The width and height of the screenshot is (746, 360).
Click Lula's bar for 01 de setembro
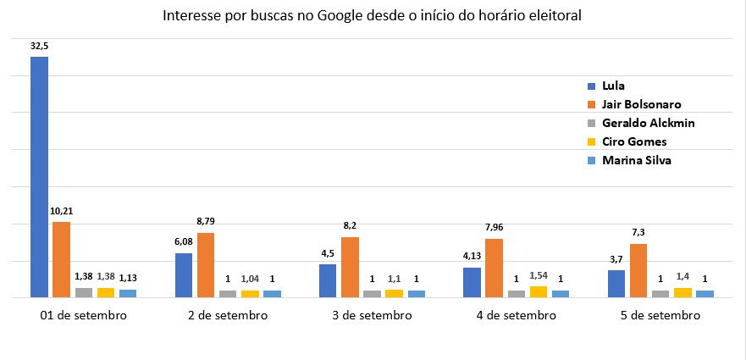(x=39, y=176)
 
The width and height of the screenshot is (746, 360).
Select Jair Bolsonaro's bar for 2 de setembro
(x=206, y=265)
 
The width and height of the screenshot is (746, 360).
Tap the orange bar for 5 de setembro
(x=638, y=270)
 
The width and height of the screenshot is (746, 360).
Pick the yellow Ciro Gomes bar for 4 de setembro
(x=538, y=291)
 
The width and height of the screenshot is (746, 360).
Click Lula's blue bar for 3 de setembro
(x=328, y=280)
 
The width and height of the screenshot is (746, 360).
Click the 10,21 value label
(x=62, y=213)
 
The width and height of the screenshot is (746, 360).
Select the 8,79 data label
(x=206, y=221)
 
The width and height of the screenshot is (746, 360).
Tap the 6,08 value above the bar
(x=184, y=242)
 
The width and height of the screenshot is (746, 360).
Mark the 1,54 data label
(x=539, y=275)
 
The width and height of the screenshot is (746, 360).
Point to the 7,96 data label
(x=495, y=228)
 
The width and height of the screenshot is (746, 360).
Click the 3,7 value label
(x=616, y=259)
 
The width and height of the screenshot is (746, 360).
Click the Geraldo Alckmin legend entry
(x=642, y=123)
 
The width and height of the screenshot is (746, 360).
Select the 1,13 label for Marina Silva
(x=128, y=278)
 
